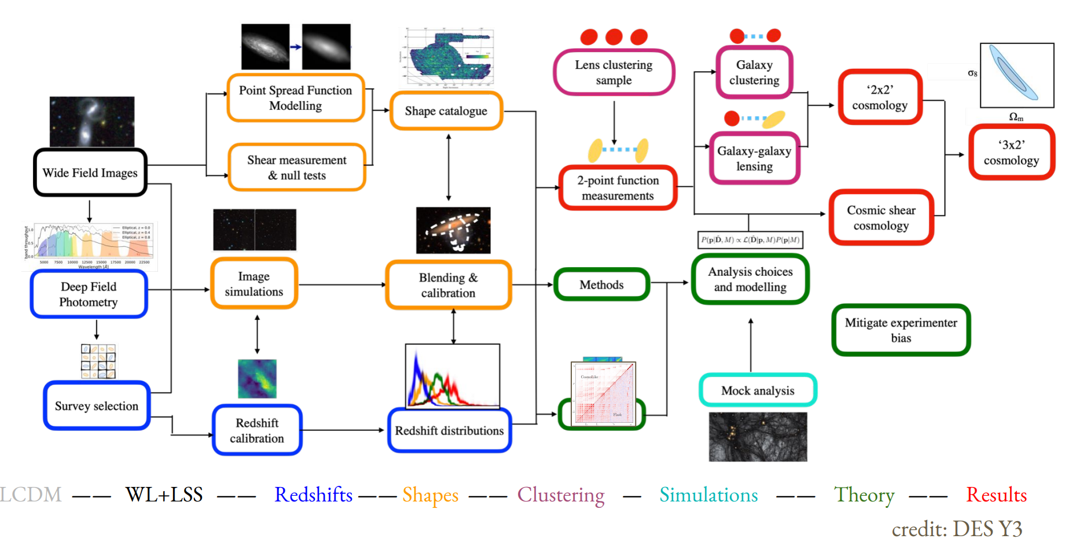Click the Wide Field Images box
[x=90, y=172]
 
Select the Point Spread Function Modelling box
[x=295, y=98]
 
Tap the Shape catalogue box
[x=446, y=110]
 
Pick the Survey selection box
[x=97, y=405]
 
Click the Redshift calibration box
[x=257, y=430]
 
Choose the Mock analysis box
[x=758, y=390]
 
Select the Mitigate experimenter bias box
[x=901, y=330]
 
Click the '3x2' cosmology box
[x=1011, y=152]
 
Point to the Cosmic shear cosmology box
[x=881, y=217]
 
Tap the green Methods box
[x=601, y=285]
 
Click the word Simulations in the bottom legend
[x=708, y=495]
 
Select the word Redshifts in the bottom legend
[x=313, y=495]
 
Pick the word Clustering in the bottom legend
[x=560, y=495]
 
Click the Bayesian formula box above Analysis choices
[x=750, y=239]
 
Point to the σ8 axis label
[x=972, y=73]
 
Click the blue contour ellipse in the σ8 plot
[x=1013, y=73]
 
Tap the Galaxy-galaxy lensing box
[x=754, y=158]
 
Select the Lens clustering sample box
[x=614, y=72]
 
